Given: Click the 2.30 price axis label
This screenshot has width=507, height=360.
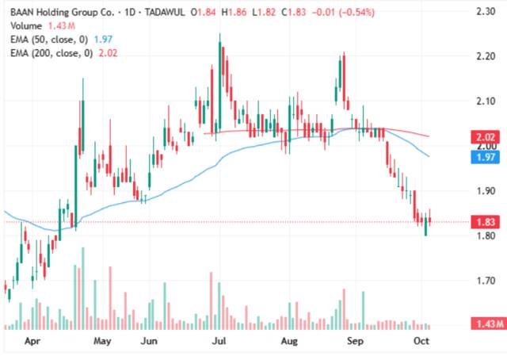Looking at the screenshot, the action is (x=486, y=12).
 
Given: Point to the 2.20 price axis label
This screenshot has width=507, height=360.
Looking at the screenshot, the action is (x=486, y=56).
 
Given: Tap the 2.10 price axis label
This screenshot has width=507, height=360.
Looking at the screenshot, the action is (x=486, y=101).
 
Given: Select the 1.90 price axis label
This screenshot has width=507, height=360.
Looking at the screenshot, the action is (x=486, y=191).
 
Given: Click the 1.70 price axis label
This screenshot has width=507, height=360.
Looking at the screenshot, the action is (x=486, y=281).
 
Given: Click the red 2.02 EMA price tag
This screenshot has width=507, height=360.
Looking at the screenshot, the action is (x=486, y=137).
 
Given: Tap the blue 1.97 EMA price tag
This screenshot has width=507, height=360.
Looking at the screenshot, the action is (x=486, y=157).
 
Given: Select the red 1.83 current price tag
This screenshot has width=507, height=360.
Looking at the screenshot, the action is (x=486, y=222).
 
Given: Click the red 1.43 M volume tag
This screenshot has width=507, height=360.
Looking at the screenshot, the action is (x=489, y=324).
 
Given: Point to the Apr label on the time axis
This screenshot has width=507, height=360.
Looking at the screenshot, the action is (x=32, y=341).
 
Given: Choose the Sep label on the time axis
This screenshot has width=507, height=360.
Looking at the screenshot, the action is (x=355, y=341).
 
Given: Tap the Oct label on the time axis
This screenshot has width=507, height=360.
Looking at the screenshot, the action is (x=421, y=341).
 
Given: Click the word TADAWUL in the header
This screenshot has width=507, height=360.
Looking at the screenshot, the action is (x=165, y=13).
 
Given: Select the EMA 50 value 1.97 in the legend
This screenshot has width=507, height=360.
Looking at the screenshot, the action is (x=103, y=40).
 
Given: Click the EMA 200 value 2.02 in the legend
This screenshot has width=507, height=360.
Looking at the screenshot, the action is (x=108, y=53).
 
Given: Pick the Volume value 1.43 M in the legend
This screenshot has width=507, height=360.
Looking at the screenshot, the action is (x=62, y=26).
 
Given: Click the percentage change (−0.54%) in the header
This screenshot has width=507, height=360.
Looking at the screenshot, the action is (x=356, y=13).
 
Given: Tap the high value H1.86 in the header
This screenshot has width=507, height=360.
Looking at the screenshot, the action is (x=234, y=13).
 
